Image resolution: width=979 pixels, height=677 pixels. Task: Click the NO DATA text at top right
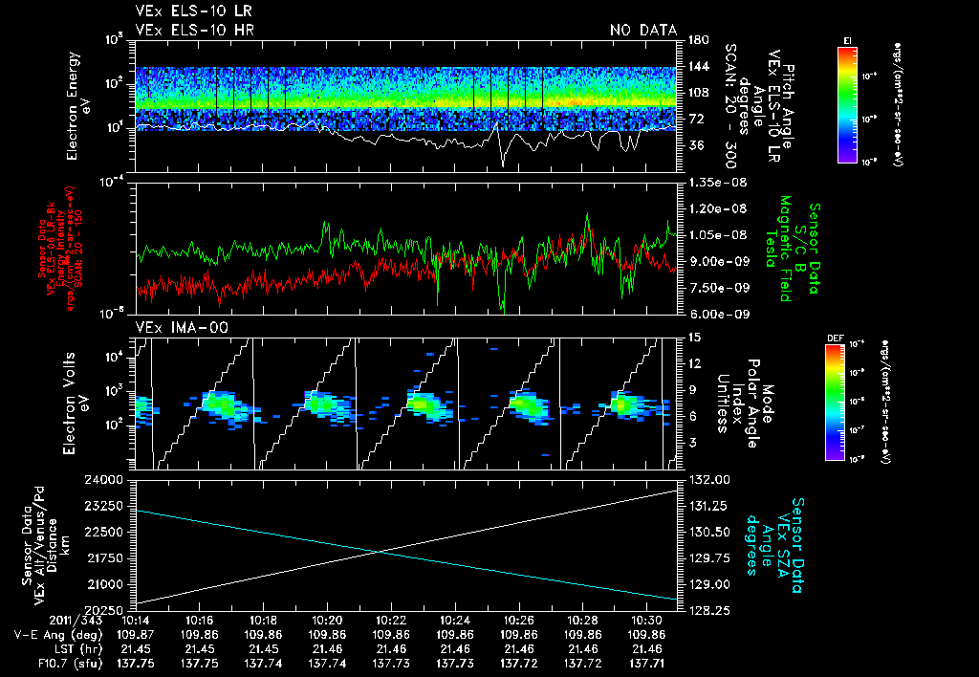click(643, 31)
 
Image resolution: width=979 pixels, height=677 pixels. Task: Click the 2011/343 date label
click(38, 619)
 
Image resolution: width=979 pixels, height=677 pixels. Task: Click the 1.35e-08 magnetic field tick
click(708, 182)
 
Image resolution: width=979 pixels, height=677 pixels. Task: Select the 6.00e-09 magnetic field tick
click(708, 314)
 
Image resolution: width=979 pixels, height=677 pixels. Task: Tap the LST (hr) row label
click(65, 647)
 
